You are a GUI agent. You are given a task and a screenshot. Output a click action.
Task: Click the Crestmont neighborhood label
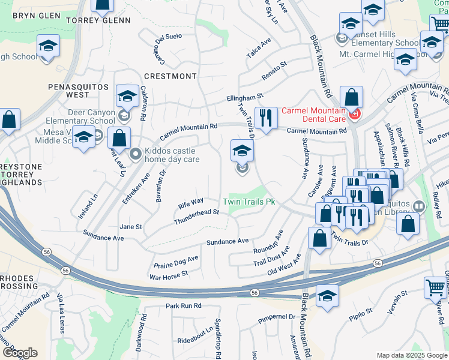[170, 76]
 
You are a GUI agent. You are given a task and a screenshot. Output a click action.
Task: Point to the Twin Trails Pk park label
[249, 203]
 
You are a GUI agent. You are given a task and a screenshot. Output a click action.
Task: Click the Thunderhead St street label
[196, 217]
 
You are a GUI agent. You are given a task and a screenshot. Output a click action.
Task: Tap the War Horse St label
[169, 275]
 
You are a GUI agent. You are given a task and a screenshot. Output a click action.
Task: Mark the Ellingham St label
[245, 96]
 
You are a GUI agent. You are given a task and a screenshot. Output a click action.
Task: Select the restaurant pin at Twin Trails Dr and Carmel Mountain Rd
[265, 118]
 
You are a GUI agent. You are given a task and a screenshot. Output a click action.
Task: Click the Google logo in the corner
[19, 353]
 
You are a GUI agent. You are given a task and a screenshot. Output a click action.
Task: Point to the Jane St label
[130, 227]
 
